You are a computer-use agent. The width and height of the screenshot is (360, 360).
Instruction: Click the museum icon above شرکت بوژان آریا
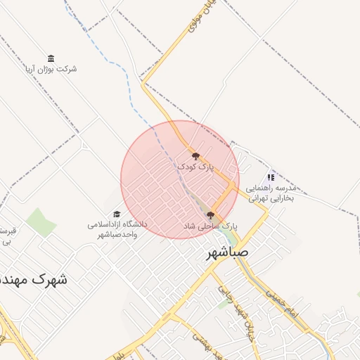[51, 58]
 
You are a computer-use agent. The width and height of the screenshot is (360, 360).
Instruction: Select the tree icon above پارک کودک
[195, 156]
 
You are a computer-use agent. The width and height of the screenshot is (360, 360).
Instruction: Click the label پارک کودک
[194, 167]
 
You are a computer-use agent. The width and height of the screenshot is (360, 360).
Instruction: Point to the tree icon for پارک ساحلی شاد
[210, 215]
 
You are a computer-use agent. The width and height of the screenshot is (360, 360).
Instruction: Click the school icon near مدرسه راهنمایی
[271, 177]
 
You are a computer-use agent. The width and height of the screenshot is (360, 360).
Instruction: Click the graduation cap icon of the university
[117, 214]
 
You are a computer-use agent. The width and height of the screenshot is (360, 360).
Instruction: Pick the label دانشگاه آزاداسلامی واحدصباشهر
[117, 229]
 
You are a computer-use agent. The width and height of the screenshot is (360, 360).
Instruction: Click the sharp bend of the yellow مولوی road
[143, 83]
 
